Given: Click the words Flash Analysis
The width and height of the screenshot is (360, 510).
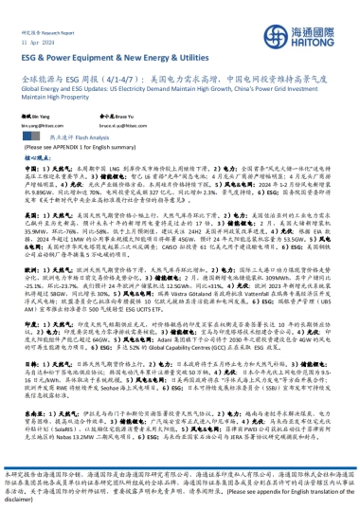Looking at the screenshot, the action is click(x=85, y=137).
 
